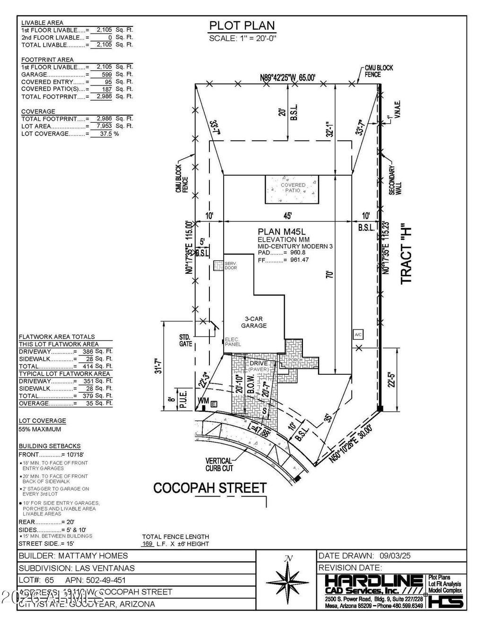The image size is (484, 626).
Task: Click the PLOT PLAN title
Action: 242,26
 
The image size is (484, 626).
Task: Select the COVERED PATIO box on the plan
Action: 292,190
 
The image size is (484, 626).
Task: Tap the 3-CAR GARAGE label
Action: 254,322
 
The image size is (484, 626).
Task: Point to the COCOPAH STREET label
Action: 210,488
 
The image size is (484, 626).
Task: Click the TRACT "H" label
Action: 406,255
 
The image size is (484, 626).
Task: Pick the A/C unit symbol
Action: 358,334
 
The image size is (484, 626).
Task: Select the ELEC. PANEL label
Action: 233,342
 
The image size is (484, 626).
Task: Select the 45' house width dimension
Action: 287,216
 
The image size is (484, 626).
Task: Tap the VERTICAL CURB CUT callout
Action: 218,465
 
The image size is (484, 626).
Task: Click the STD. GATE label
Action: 185,340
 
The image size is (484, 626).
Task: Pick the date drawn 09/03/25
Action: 392,556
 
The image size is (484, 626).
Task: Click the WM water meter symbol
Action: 202,401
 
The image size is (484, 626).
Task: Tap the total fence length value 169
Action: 148,544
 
